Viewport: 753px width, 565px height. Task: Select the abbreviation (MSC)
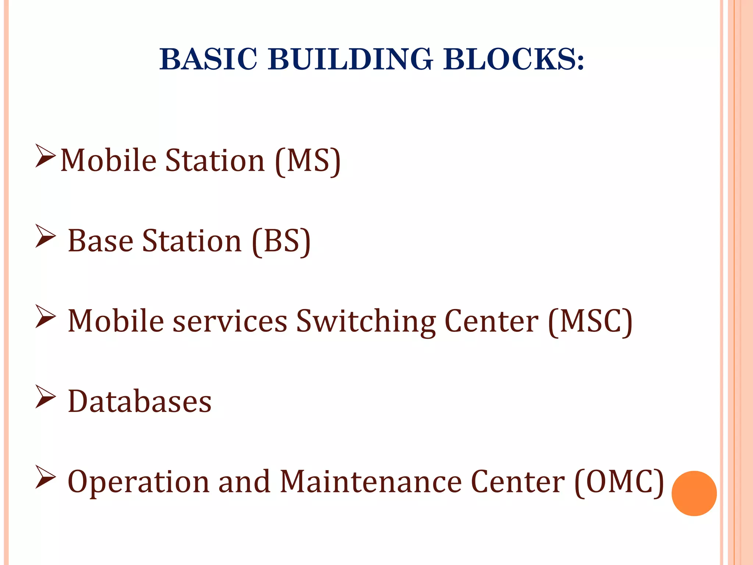point(590,321)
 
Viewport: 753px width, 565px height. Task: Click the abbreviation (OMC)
point(619,482)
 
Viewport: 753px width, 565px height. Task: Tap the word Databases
point(140,401)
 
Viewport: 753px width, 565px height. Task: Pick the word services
point(230,321)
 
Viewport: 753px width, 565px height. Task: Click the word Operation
point(138,482)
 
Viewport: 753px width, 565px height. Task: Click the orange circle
point(694,493)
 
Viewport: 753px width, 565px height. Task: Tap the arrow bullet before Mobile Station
point(45,156)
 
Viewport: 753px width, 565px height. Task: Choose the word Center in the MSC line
point(491,321)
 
